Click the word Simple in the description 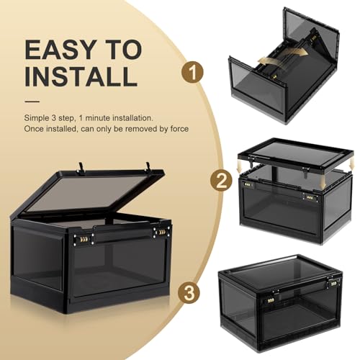coord(36,117)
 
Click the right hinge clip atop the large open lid coord(149,166)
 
